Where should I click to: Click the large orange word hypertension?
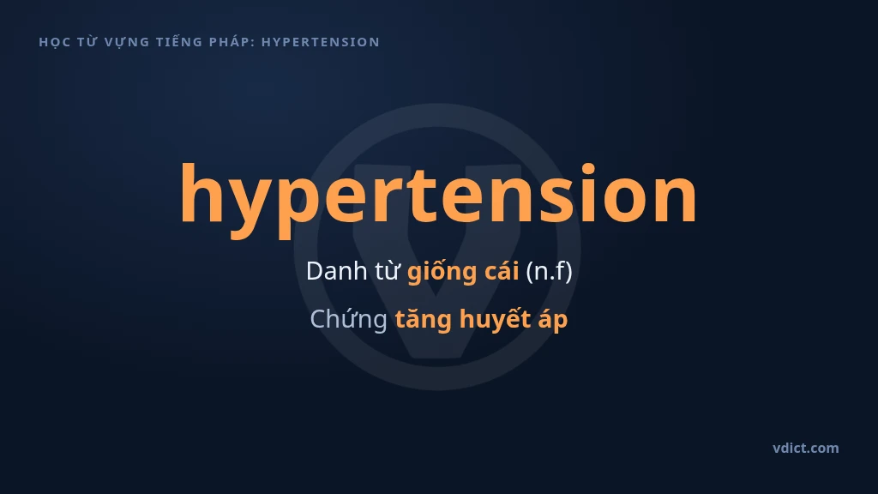tap(438, 199)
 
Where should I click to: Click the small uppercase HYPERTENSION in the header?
tap(321, 42)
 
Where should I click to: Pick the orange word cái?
tap(502, 272)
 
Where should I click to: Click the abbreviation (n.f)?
tap(550, 272)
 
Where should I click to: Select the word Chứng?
tap(349, 320)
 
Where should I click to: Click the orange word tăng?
tap(424, 320)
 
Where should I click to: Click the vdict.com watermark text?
tap(806, 448)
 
